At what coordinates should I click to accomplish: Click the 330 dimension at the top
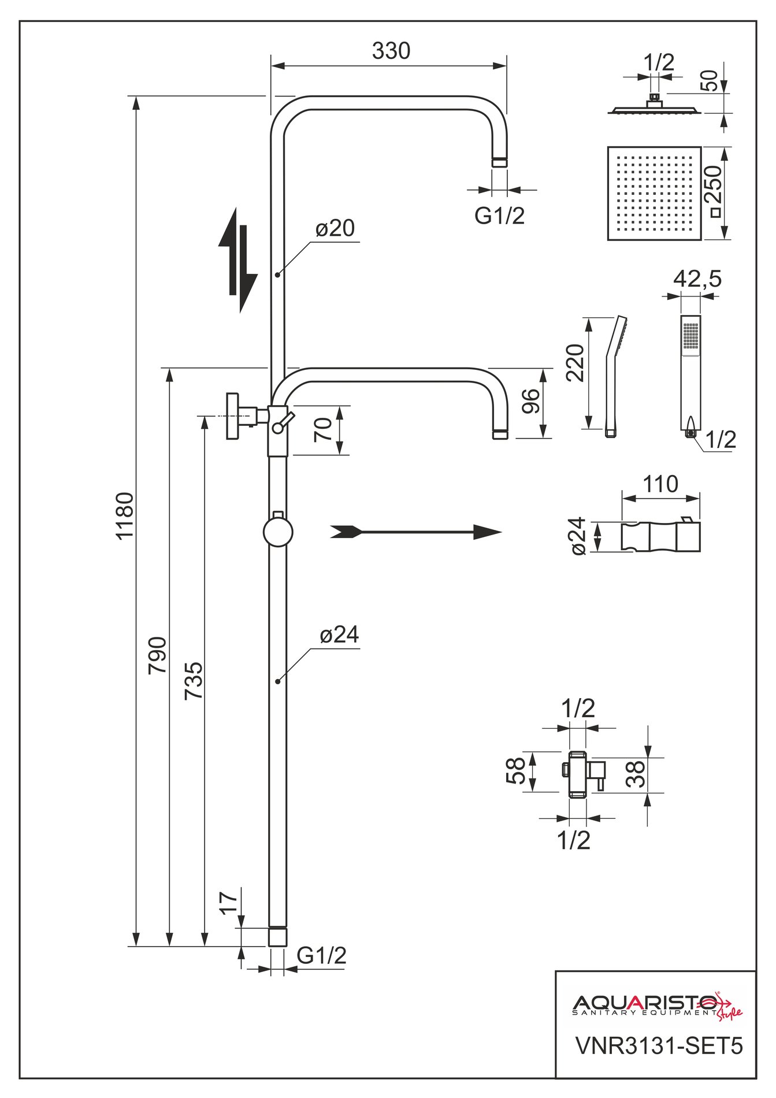pos(391,51)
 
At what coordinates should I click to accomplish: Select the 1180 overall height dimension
pos(125,515)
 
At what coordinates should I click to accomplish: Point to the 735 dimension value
pos(194,681)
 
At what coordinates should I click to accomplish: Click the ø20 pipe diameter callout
pos(335,229)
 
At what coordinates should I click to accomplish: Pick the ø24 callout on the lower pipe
pos(339,635)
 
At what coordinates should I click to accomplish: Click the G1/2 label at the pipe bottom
pos(321,955)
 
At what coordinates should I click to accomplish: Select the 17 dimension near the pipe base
pos(229,903)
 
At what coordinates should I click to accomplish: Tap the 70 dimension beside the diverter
pos(324,429)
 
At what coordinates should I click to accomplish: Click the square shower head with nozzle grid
pos(654,193)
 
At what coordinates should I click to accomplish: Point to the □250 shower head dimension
pos(715,193)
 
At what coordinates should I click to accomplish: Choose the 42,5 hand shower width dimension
pos(697,279)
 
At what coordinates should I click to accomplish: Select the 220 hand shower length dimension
pos(575,362)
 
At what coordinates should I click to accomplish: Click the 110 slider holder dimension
pos(660,484)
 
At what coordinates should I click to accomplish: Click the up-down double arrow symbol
pos(237,261)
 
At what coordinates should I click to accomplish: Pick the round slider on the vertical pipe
pos(278,532)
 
